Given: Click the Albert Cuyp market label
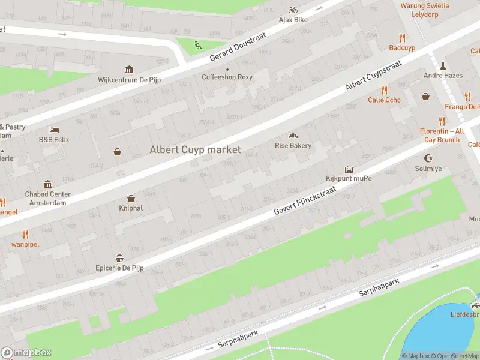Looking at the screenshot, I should click(195, 150).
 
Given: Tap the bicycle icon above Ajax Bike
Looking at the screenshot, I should click(293, 10).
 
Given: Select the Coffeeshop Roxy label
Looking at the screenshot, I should click(227, 77).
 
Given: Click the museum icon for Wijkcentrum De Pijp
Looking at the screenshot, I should click(128, 70).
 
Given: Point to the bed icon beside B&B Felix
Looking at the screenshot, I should click(54, 130).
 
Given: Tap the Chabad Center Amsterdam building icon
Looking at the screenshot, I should click(47, 184).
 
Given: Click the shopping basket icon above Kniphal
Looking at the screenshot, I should click(131, 199).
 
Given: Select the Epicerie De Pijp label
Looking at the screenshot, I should click(120, 268).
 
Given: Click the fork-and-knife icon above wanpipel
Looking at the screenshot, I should click(25, 234).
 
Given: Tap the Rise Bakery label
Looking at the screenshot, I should click(293, 146).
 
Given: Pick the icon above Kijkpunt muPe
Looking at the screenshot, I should click(349, 169).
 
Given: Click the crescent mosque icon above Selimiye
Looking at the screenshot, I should click(428, 158).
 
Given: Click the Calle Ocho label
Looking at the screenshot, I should click(384, 100).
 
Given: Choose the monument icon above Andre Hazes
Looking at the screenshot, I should click(442, 65).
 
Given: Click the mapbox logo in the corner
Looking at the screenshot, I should click(26, 353).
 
